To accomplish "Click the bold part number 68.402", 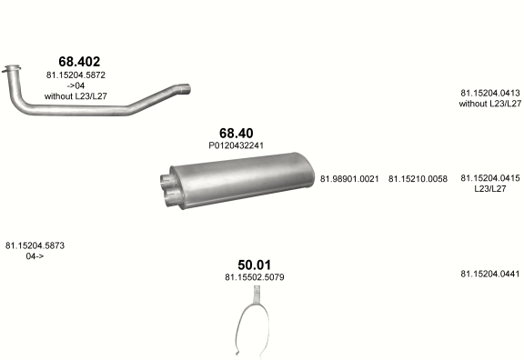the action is (x=79, y=62).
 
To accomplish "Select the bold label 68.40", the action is (x=237, y=133).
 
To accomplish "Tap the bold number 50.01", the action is (x=255, y=265).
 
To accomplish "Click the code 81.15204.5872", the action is (x=76, y=75).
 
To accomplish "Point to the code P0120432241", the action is (x=237, y=145).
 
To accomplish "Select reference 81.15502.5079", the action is (x=255, y=277).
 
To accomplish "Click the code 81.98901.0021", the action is (x=349, y=179).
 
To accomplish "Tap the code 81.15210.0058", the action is (x=418, y=179).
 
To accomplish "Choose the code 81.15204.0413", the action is (x=490, y=93).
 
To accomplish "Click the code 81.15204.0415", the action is (x=490, y=178).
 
